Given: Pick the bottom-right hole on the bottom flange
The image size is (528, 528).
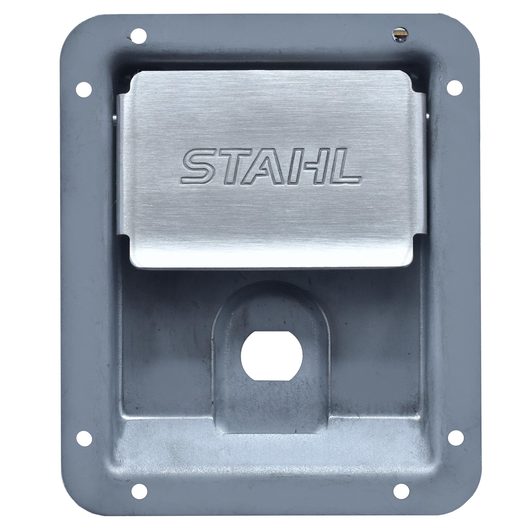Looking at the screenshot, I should coord(401,491).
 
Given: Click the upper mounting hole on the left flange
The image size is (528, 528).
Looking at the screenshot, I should coord(83,89).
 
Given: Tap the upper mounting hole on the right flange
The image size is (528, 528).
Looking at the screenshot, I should coord(455,88).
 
